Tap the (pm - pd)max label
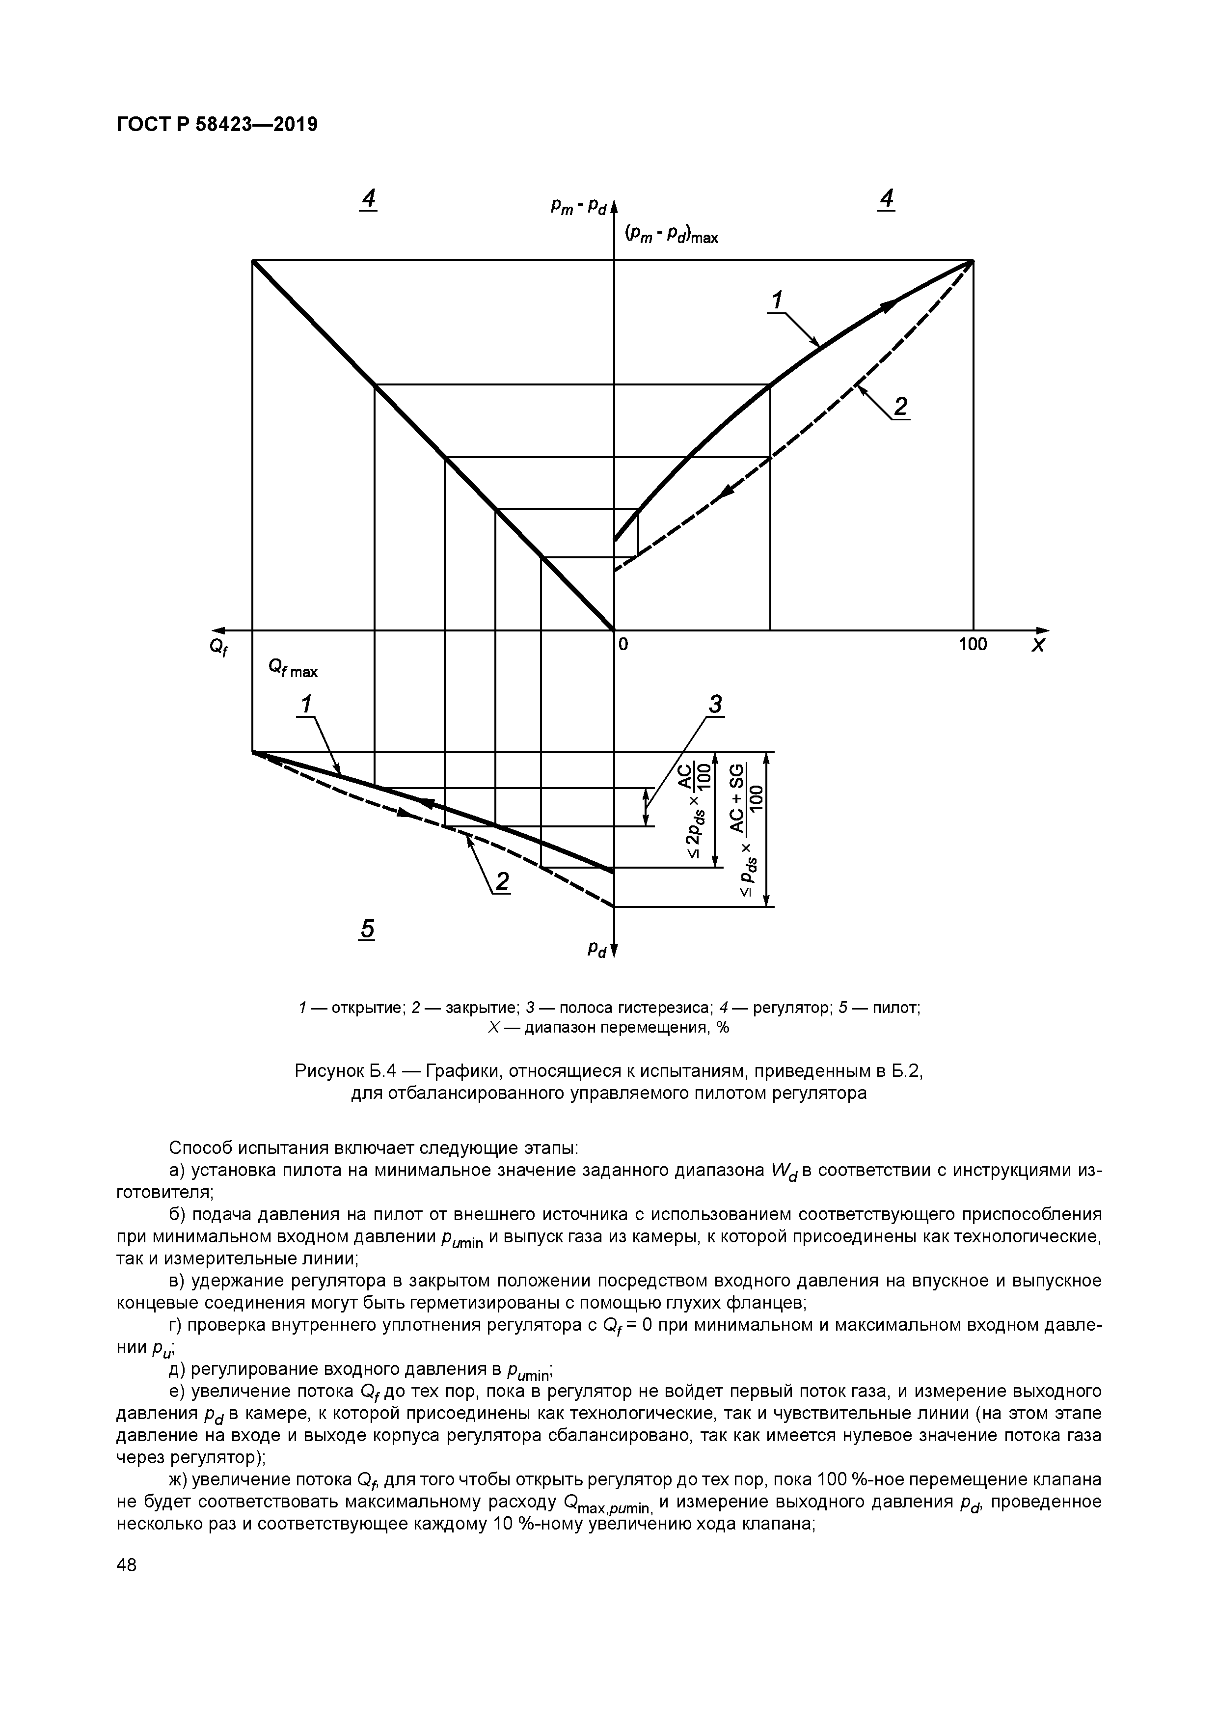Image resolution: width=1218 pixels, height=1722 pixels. [671, 236]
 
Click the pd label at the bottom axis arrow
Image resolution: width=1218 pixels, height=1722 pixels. [597, 950]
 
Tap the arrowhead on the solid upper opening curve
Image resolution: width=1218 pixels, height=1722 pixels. [890, 304]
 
